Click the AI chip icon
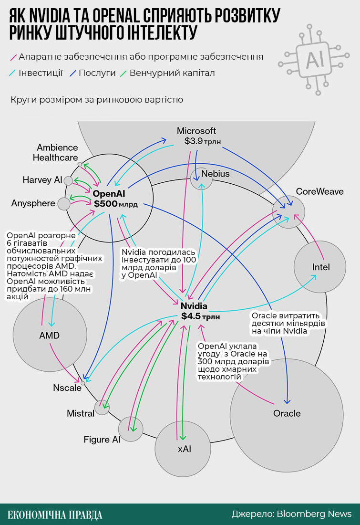(314, 59)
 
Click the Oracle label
(287, 413)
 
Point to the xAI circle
(184, 449)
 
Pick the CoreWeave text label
(319, 191)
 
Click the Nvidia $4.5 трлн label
(200, 311)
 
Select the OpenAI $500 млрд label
(115, 199)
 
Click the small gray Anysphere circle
(63, 204)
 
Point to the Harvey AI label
(42, 180)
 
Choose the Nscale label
(67, 388)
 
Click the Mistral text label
(81, 413)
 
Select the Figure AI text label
(102, 440)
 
